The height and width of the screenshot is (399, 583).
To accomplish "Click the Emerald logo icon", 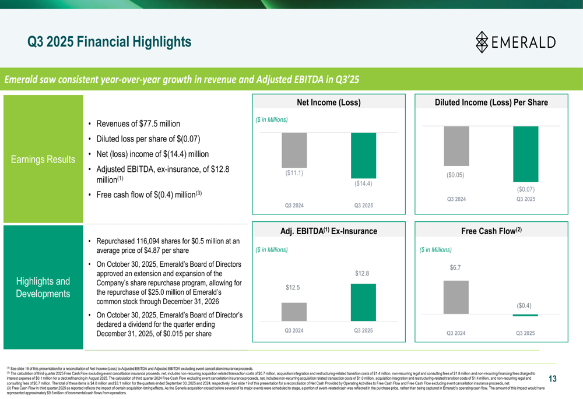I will (x=482, y=42).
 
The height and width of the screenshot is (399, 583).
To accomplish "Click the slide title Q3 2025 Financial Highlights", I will (x=110, y=42).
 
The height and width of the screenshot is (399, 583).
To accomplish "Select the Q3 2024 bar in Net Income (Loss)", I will (x=294, y=150).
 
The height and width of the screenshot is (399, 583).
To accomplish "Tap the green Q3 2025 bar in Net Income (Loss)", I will (x=363, y=155).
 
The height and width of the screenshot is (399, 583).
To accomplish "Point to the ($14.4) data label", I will (x=363, y=183).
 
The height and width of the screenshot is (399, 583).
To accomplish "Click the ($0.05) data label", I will (x=456, y=174).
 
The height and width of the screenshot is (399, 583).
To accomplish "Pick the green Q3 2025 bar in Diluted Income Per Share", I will (x=525, y=154).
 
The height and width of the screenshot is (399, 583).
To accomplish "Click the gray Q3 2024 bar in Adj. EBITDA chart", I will (x=294, y=312).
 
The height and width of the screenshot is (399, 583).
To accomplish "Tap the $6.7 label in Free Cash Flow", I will (x=455, y=267).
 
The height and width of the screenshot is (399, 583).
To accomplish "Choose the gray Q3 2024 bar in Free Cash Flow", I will (x=456, y=297).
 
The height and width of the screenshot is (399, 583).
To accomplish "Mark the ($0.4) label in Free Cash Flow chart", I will (x=524, y=305).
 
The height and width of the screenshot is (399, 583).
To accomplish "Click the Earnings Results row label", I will (x=44, y=160).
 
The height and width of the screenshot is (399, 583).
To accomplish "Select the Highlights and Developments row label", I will (x=44, y=287).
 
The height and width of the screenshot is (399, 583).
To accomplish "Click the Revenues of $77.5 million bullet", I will (x=138, y=123).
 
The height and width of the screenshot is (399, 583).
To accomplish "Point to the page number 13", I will (x=552, y=379).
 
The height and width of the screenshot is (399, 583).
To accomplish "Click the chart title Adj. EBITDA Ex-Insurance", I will (x=328, y=231).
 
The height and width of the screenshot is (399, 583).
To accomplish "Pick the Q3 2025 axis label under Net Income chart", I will (x=363, y=205).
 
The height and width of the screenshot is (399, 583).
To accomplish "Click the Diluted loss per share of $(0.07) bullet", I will (x=148, y=139).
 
